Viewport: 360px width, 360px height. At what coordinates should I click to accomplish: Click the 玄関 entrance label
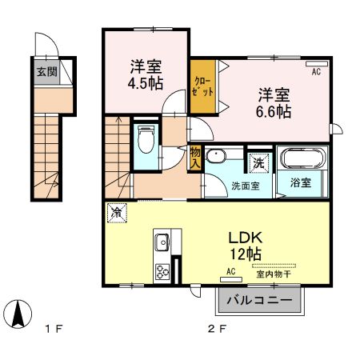[x=46, y=71]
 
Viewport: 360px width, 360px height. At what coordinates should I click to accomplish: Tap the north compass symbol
[x=18, y=314]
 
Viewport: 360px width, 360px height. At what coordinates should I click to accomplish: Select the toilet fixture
[x=146, y=139]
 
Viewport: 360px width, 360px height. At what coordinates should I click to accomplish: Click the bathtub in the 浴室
[x=302, y=158]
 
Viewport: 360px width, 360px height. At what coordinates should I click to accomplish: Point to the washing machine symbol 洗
[x=258, y=163]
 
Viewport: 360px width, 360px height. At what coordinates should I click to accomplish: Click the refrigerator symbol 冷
[x=117, y=213]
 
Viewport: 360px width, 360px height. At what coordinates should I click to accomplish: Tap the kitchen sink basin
[x=162, y=242]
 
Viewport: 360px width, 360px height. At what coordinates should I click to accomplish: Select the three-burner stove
[x=162, y=271]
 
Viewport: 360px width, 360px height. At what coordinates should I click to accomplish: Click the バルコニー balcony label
[x=259, y=301]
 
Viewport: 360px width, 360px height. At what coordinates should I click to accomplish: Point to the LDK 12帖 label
[x=246, y=246]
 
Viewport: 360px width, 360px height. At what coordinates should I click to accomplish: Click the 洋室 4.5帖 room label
[x=146, y=75]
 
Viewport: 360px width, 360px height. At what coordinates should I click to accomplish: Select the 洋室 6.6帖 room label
[x=274, y=103]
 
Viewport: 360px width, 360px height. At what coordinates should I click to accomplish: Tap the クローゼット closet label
[x=203, y=86]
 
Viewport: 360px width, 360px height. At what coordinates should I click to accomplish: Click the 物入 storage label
[x=195, y=158]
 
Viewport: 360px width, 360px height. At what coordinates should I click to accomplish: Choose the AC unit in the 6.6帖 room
[x=317, y=63]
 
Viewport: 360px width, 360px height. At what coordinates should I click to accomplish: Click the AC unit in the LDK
[x=231, y=279]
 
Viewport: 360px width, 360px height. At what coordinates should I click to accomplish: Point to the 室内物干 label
[x=274, y=274]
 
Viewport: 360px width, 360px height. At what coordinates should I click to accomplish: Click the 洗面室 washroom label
[x=246, y=186]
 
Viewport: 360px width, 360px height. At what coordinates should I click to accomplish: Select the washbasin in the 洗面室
[x=216, y=156]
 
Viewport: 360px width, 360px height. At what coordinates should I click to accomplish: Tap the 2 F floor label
[x=217, y=329]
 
